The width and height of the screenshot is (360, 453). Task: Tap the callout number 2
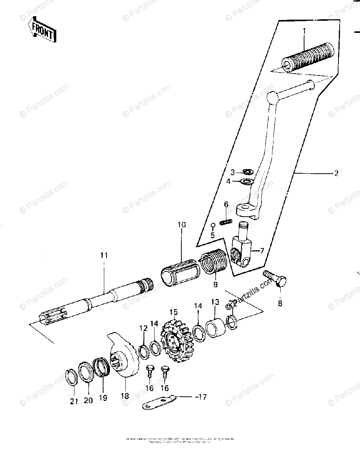(x=336, y=174)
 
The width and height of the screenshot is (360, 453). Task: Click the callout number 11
(x=104, y=256)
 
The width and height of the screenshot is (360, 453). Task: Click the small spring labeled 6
(x=226, y=222)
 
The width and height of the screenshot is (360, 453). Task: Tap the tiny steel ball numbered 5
(x=213, y=225)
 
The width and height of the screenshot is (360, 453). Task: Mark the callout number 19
(x=103, y=398)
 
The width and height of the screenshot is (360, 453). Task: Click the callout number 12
(x=143, y=328)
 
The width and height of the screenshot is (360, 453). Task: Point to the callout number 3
(x=233, y=173)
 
